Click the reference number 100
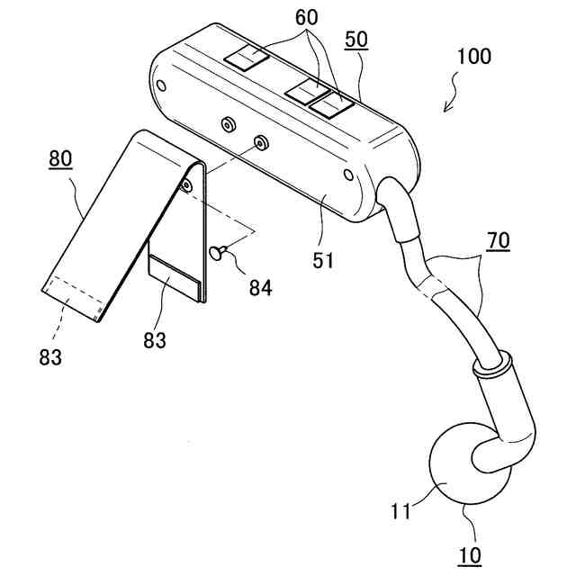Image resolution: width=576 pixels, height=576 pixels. (474, 58)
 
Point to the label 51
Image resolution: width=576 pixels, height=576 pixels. (323, 261)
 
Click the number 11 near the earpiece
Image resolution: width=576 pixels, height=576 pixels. (400, 512)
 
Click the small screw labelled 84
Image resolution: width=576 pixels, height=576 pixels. (218, 254)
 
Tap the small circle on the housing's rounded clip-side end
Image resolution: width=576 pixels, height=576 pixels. (161, 86)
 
